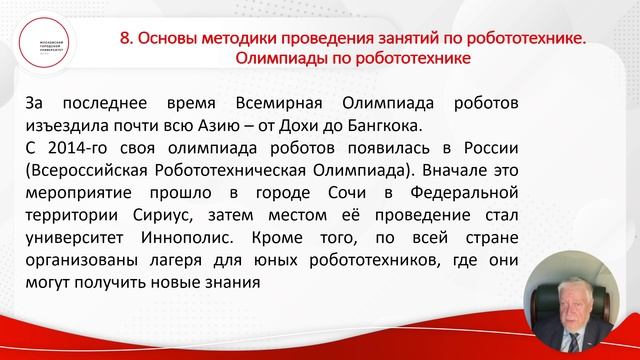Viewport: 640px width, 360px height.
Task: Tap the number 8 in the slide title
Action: (x=125, y=38)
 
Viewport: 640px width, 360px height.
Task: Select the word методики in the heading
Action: (x=236, y=38)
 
